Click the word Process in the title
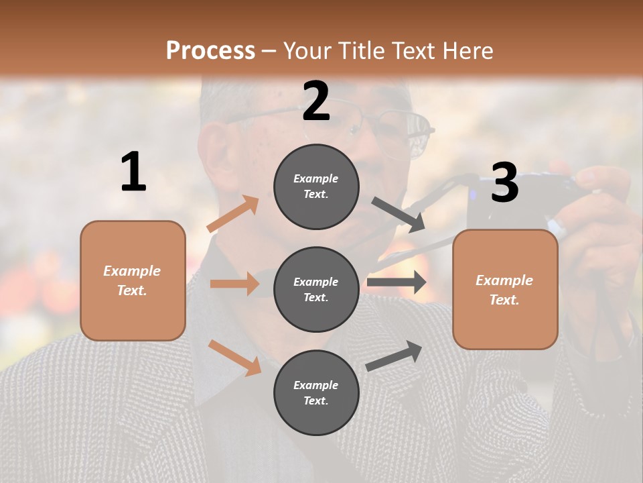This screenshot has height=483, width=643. pos(210,51)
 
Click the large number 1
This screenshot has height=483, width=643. pos(133,172)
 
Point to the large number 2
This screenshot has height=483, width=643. pos(316,101)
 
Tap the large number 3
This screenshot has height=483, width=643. pos(504,182)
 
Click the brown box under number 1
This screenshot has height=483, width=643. pos(133,280)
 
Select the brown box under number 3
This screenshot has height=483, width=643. pos(505,290)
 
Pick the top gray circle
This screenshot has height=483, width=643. pos(316,186)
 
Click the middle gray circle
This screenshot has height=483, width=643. pos(316,290)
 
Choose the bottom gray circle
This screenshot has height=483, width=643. pos(316,393)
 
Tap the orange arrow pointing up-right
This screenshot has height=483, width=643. pos(233,214)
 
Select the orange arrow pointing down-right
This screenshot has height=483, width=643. pos(234,358)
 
